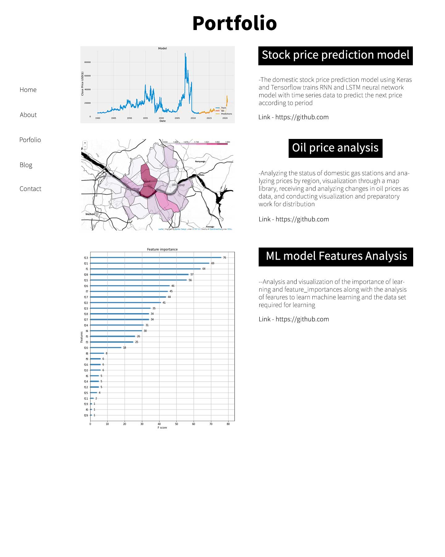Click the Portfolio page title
[x=235, y=23]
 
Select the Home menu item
[x=28, y=90]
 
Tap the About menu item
[x=28, y=115]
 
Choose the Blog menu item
[x=26, y=165]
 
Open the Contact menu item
[x=30, y=189]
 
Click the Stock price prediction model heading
[x=335, y=55]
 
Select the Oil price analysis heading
[x=335, y=148]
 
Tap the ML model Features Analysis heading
[x=336, y=257]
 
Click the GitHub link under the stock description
[x=302, y=117]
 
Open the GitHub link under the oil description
[x=302, y=219]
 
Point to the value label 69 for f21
[x=213, y=263]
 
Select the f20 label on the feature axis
[x=86, y=348]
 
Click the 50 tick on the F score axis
[x=176, y=424]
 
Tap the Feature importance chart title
[x=162, y=249]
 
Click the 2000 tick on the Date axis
[x=161, y=118]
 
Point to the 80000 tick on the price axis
[x=87, y=62]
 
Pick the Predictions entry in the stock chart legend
[x=226, y=114]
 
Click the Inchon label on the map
[x=90, y=214]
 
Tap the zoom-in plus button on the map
[x=85, y=143]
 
